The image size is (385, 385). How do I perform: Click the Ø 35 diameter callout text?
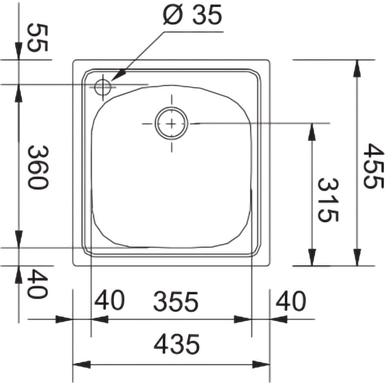tap(192, 15)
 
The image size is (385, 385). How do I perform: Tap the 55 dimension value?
tap(37, 38)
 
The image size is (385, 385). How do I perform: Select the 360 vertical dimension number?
tap(37, 167)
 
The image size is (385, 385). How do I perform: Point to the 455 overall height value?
tap(373, 166)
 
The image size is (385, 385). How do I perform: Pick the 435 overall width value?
tap(177, 344)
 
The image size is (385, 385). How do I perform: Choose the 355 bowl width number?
tap(176, 301)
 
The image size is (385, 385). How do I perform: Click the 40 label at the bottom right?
tap(291, 300)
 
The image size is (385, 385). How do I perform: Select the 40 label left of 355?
tap(109, 300)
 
